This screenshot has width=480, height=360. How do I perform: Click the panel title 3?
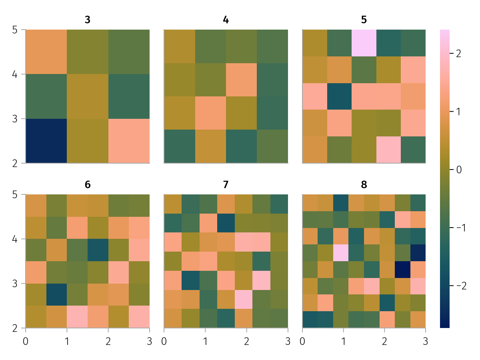point(88,20)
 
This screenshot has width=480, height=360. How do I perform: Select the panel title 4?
point(226,20)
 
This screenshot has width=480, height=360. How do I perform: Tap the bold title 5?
point(364,20)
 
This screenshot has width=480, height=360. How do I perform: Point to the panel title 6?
point(88,185)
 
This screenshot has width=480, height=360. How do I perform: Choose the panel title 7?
point(226,185)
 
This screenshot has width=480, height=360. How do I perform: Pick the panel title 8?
point(364,185)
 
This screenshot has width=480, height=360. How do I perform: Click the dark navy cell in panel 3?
point(46,141)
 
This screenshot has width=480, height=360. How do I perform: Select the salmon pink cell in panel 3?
point(129,141)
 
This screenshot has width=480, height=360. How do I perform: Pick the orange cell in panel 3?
point(46,52)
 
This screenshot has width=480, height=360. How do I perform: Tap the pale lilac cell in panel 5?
point(364,43)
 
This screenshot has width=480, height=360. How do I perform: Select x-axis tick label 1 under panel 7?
point(205,341)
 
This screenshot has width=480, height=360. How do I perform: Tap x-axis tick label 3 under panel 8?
point(426,341)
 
